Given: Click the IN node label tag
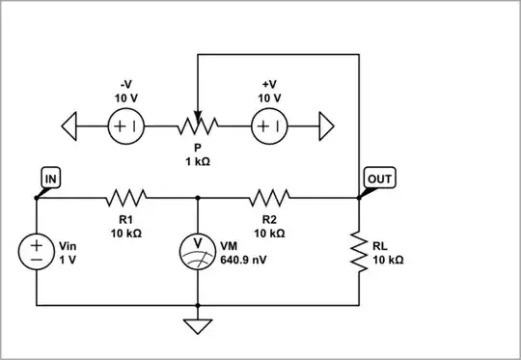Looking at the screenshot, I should (50, 178).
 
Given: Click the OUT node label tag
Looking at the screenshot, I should (379, 178).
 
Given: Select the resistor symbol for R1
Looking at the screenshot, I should (125, 198).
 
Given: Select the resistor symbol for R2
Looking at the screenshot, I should (269, 198).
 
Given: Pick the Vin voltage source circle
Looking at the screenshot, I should (36, 252).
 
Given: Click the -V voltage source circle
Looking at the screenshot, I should (125, 125).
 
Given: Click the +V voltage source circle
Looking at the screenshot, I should (269, 125).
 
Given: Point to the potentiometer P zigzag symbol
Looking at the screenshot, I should (197, 125).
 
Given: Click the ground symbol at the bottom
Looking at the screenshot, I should (198, 326).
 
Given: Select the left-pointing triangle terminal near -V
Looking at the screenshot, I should (69, 125).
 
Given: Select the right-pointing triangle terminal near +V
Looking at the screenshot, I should (326, 125).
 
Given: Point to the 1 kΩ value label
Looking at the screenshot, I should (197, 162).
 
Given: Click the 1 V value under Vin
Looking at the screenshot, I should (68, 261).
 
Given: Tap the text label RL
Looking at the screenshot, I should (381, 246).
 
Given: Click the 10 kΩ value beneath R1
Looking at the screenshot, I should (125, 233).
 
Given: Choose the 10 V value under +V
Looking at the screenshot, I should (269, 98).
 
